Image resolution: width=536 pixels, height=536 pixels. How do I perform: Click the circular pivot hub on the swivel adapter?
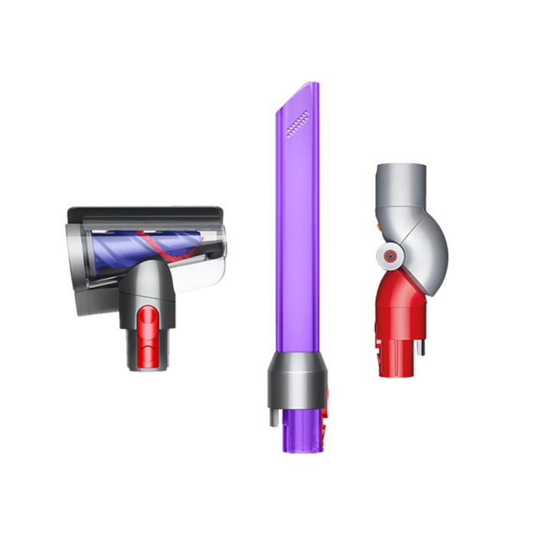coord(391,256)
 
